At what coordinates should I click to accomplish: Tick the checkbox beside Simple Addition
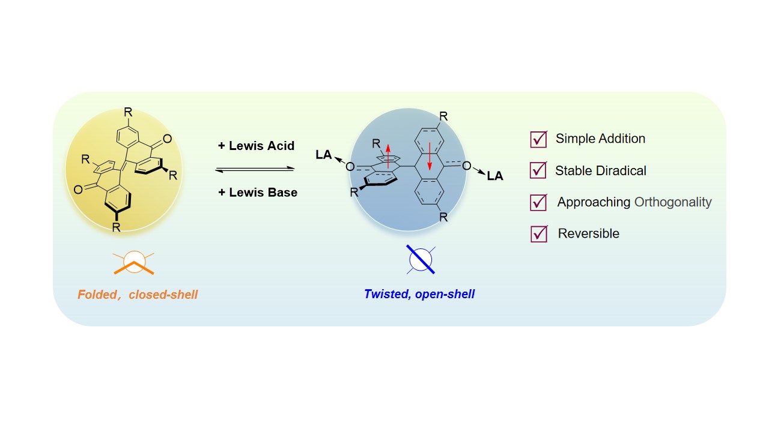coord(538,139)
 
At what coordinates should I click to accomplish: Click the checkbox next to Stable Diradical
coord(538,170)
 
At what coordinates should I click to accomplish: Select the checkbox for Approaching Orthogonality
coord(538,202)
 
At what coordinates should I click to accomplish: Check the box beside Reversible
coord(538,233)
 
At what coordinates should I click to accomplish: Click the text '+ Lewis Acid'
coord(256,146)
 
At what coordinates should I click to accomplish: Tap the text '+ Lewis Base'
coord(258,193)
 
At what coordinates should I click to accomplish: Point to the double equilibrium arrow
coord(255,169)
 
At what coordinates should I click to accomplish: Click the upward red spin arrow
coord(388,155)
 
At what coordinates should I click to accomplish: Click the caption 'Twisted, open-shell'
coord(419,295)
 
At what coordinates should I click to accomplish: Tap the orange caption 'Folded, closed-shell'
coord(138,295)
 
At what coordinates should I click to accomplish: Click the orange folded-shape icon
coord(135,263)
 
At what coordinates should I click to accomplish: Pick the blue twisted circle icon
coord(421,259)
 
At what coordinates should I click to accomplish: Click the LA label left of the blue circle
coord(324,155)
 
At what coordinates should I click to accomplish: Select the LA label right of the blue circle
coord(495,176)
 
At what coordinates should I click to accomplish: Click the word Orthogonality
coord(673,202)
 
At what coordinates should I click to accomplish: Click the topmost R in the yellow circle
coord(128,113)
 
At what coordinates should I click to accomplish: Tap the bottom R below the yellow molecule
coord(117,227)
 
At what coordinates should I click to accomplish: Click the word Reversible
coord(589,233)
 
